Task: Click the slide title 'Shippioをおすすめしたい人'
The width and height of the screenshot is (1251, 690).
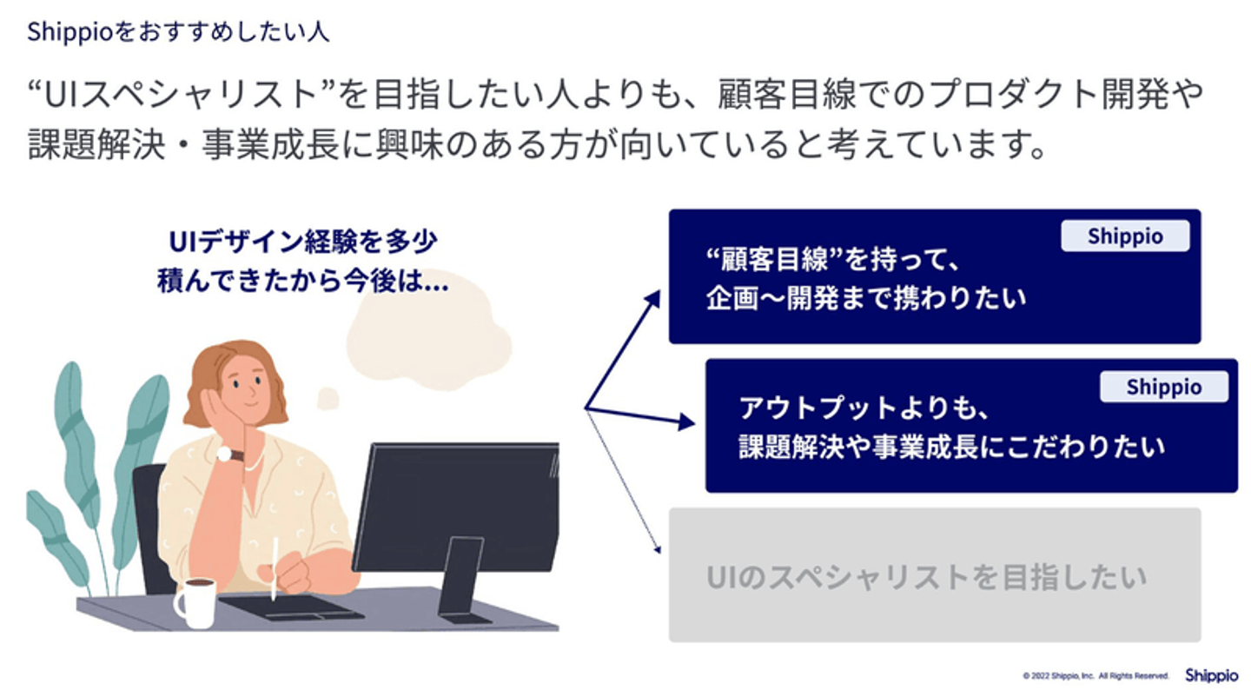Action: [x=178, y=32]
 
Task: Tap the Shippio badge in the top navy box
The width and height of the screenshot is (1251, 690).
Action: [x=1124, y=236]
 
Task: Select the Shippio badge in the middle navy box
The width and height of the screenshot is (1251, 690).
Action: [x=1163, y=387]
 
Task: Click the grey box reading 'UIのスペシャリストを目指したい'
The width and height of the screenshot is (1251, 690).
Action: [x=934, y=575]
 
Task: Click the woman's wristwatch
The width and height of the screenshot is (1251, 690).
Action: [x=228, y=454]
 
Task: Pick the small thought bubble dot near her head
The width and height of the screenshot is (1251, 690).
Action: [x=328, y=399]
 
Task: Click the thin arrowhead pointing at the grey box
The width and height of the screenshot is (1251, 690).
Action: [x=659, y=548]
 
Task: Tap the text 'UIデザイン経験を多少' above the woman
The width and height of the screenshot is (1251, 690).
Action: [x=303, y=241]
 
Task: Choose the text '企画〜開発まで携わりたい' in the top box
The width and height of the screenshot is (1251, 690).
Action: [x=865, y=297]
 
